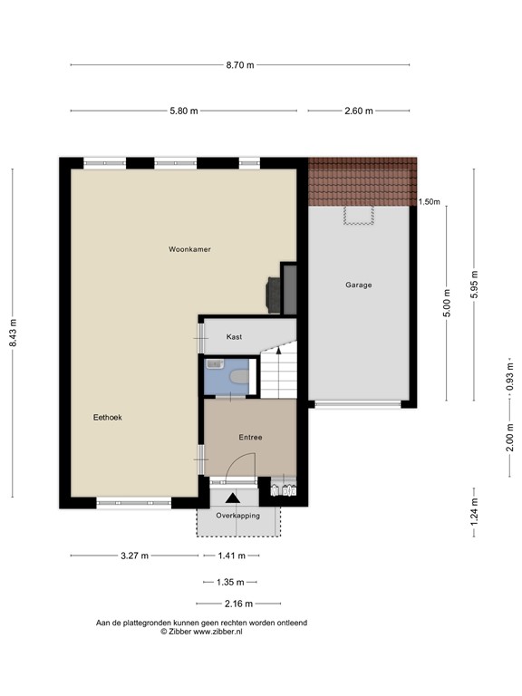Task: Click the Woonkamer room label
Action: click(189, 248)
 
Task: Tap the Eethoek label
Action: click(107, 418)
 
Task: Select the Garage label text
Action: click(358, 285)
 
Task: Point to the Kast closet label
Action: click(234, 337)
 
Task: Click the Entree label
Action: click(250, 438)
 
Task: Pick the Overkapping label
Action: click(238, 516)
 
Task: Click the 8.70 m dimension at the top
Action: click(240, 64)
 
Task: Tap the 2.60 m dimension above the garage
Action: click(360, 111)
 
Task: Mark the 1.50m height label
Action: click(430, 202)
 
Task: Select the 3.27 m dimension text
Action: click(133, 556)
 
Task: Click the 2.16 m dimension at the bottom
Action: click(238, 604)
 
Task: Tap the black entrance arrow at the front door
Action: click(233, 498)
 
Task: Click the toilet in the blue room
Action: click(239, 374)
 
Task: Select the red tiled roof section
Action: click(362, 181)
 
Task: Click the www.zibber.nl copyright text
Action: click(202, 632)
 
